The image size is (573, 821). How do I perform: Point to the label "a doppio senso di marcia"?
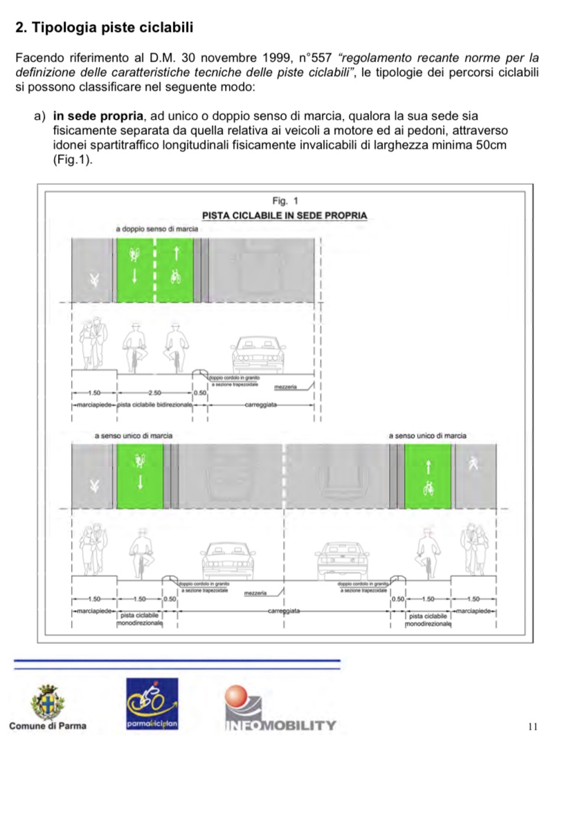coord(157,229)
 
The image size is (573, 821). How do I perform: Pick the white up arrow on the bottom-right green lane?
coord(428,468)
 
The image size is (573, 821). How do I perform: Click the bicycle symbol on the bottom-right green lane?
coord(428,489)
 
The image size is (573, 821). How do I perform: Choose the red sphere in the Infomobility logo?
coord(237,695)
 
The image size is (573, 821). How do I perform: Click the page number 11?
coord(531,726)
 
